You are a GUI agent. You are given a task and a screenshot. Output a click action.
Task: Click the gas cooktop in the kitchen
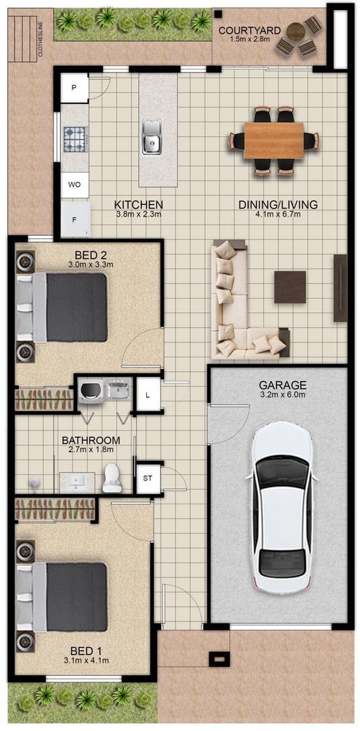(x=74, y=139)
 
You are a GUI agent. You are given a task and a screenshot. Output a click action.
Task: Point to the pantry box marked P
(x=74, y=88)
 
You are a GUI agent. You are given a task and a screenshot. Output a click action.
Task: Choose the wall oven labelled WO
(x=74, y=184)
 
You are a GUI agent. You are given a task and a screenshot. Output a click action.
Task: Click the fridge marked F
(x=74, y=219)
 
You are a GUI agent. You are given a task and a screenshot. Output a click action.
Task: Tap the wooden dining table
(x=273, y=140)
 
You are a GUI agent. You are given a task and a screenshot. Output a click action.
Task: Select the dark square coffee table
(x=290, y=287)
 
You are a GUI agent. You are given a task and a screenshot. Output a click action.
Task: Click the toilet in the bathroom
(x=112, y=478)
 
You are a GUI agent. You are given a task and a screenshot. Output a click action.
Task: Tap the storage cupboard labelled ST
(x=148, y=479)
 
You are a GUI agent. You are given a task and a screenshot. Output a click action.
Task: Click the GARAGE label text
(x=282, y=385)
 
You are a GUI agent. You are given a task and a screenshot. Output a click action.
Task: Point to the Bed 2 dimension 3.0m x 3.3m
(x=88, y=265)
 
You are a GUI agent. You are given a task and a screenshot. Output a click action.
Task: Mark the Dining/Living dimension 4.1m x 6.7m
(x=278, y=215)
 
